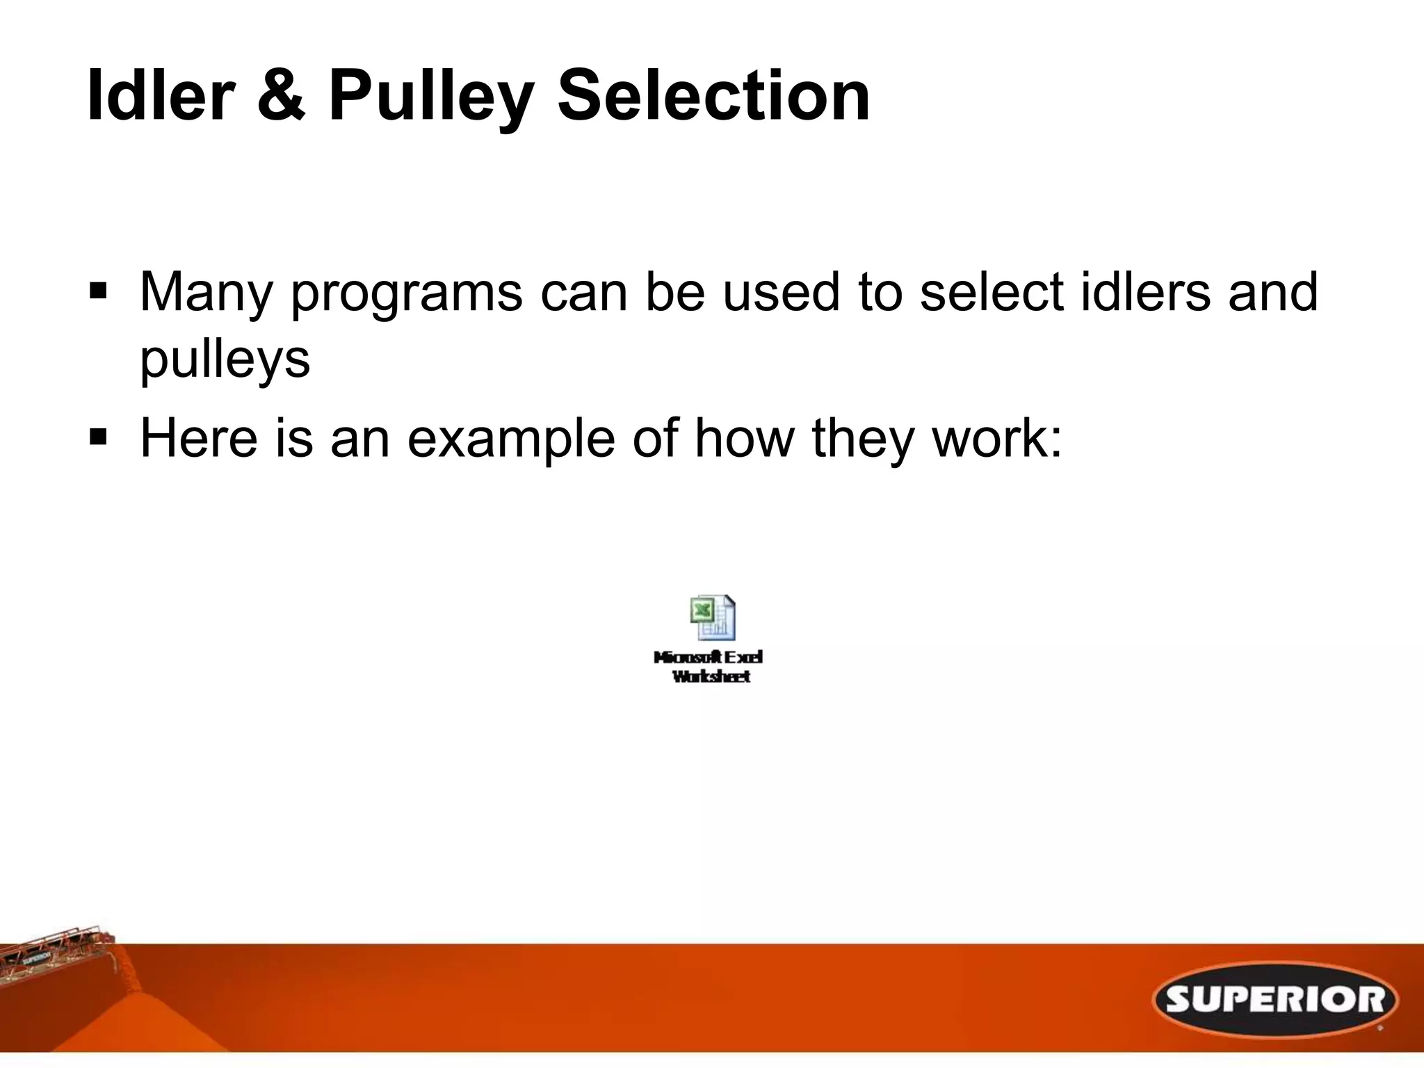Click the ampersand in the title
tap(280, 95)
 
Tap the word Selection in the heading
tap(713, 95)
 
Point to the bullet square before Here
tap(97, 437)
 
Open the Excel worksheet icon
tap(712, 617)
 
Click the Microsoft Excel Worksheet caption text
tap(709, 667)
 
